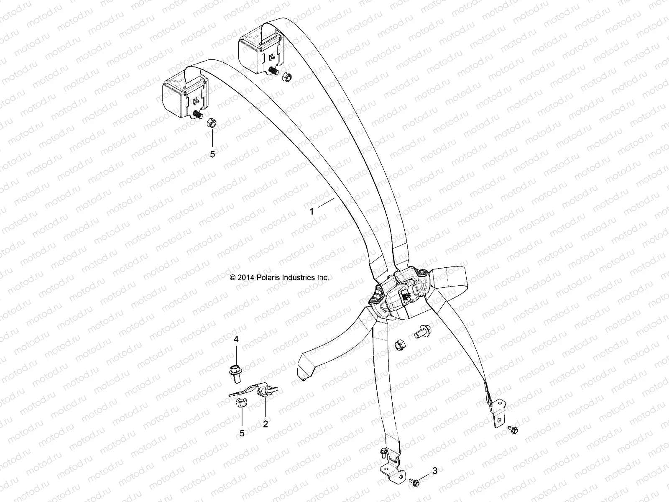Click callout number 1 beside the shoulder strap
[312, 212]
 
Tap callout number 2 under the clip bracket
[265, 424]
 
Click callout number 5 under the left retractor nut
[212, 154]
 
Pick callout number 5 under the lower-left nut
[242, 433]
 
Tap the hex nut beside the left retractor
[211, 123]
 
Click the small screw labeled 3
[414, 482]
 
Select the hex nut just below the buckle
[399, 346]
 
